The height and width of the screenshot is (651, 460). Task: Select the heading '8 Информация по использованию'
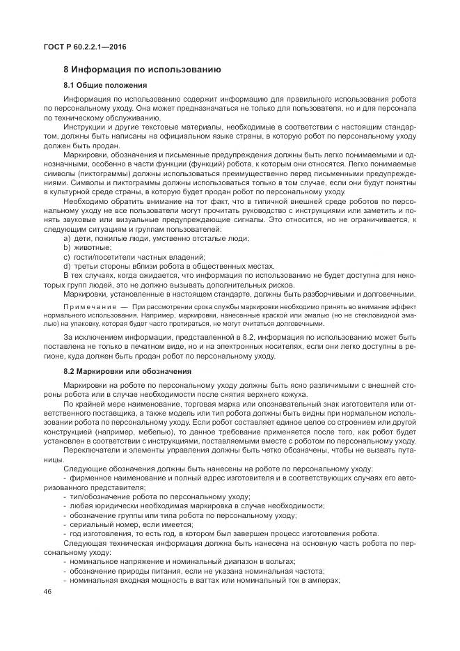142,70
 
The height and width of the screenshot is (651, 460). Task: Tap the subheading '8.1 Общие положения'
104,85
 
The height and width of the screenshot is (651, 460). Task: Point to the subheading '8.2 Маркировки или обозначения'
127,370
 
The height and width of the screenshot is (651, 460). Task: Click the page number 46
48,590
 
